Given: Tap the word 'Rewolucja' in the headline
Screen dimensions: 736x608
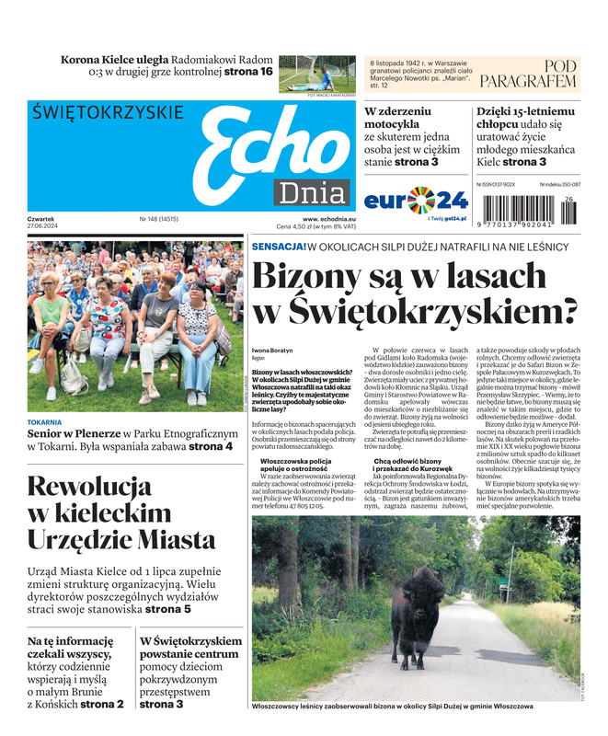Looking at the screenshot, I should pos(89,486).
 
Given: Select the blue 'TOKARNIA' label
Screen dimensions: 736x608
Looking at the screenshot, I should pos(45,423).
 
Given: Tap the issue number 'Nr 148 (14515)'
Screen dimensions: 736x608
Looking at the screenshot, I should pos(159,219).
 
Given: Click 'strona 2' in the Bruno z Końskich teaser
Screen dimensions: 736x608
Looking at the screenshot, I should pos(101,704).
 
